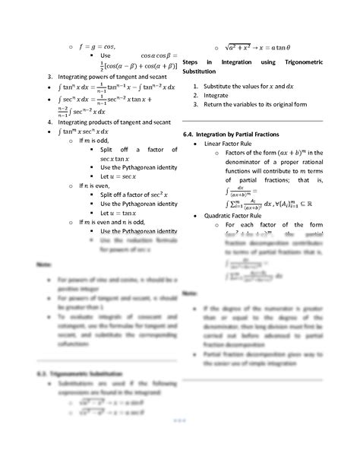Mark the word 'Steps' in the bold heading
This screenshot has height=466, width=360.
click(x=191, y=60)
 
